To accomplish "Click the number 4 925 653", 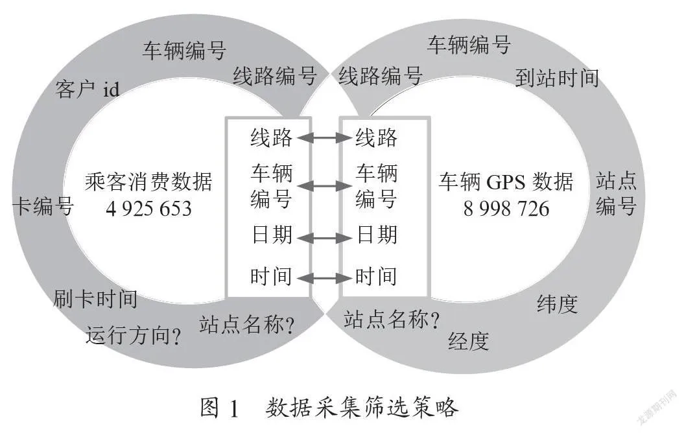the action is coord(148,209).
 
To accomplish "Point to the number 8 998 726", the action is coord(506,209).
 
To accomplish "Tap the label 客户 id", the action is coord(88,89).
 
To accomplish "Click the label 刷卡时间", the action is coord(95,299).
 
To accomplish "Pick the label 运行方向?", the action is coord(134,335).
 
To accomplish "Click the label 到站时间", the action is coord(557,78).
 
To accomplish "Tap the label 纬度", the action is coord(557,304).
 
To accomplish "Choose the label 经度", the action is coord(469,341).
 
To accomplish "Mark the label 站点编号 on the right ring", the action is coord(616,193).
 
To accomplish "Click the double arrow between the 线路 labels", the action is coord(324,138).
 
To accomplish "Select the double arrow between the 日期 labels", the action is coord(324,238).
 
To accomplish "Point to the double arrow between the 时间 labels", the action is coord(324,278).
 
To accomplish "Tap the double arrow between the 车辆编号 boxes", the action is coord(324,186).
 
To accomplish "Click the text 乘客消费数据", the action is coord(148,181).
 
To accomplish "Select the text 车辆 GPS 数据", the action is coord(506,181).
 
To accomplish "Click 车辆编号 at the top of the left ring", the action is coord(185,50).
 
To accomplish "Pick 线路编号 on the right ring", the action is coord(381,76).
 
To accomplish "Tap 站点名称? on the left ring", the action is coord(247,324).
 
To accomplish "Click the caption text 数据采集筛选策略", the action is coord(362,408).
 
